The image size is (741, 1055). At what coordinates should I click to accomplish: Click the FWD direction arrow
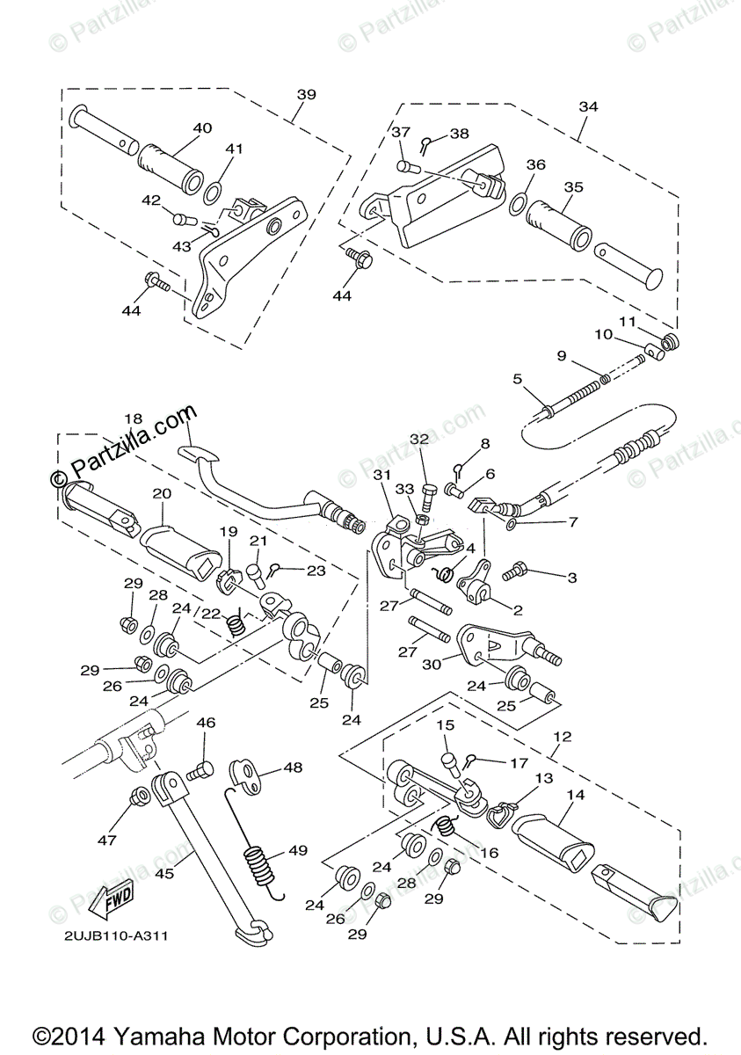(x=115, y=898)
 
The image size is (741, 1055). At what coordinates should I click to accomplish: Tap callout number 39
(x=306, y=95)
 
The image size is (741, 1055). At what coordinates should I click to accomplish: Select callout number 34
(x=588, y=106)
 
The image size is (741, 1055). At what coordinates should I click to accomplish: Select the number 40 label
(x=202, y=128)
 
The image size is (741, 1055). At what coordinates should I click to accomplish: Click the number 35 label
(x=573, y=187)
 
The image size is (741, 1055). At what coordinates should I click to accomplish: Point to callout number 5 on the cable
(x=518, y=380)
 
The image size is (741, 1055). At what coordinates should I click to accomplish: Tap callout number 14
(x=576, y=795)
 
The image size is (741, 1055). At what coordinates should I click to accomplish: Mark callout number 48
(x=293, y=768)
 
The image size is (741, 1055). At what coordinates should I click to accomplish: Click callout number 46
(x=206, y=723)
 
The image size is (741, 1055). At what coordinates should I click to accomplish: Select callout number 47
(x=106, y=840)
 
